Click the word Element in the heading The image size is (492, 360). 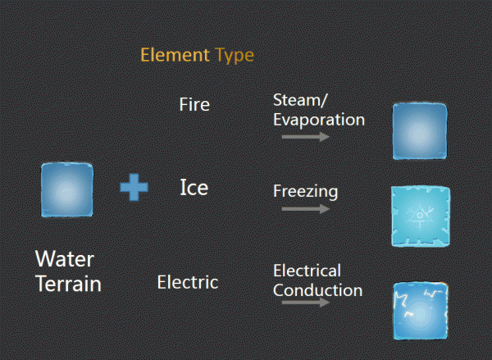pos(175,55)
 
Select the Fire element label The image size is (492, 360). pos(194,104)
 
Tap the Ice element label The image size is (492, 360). pos(194,187)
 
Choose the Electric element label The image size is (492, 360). pos(188,282)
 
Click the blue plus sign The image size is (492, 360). pos(134,187)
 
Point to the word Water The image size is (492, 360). pos(65,259)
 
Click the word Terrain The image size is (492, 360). pos(68,284)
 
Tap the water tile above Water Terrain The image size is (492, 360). pos(67,189)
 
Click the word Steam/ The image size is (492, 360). pos(300,100)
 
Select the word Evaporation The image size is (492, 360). pos(319,120)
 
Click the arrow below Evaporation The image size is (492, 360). pos(306,137)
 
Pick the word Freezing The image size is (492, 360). pos(306,191)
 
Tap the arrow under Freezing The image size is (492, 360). pos(306,209)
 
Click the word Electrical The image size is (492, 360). pos(307,271)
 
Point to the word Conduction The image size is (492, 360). pos(318,290)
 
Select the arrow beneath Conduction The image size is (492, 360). pos(306,303)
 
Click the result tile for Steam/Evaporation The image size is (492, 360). pos(420,131)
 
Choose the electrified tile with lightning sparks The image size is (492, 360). pos(421,311)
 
